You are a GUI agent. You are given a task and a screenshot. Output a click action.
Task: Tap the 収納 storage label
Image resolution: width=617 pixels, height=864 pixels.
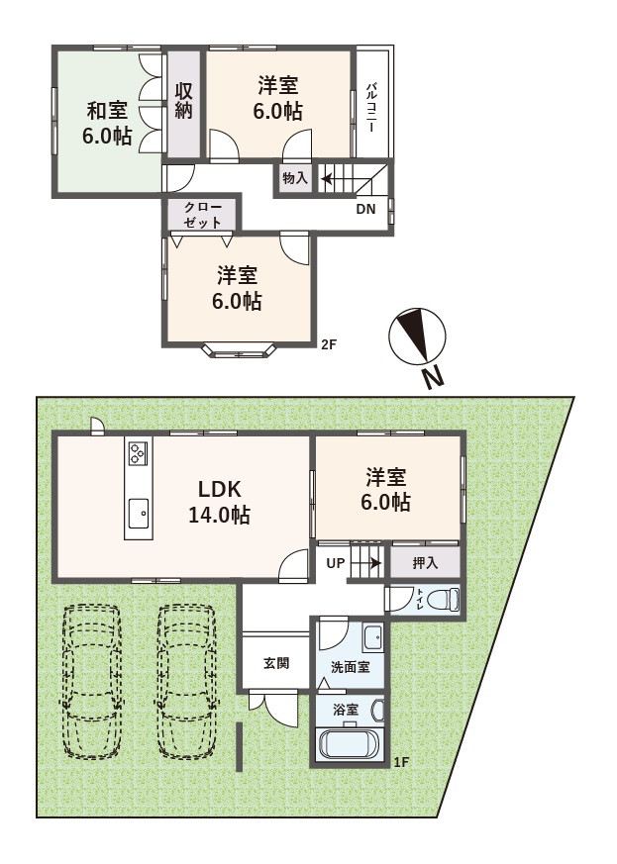pyautogui.click(x=184, y=101)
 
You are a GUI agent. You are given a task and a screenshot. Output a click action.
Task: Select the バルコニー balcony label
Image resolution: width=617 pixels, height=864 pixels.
pyautogui.click(x=372, y=106)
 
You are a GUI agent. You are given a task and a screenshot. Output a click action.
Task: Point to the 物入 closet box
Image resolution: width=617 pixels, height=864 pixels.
pyautogui.click(x=295, y=178)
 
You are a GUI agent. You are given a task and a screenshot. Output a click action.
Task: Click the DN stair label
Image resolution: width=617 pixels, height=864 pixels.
pyautogui.click(x=365, y=209)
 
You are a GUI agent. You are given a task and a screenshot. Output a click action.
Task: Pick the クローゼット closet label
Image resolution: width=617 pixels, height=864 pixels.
pyautogui.click(x=203, y=215)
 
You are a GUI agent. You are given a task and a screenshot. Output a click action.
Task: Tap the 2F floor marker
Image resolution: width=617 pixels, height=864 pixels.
pyautogui.click(x=329, y=345)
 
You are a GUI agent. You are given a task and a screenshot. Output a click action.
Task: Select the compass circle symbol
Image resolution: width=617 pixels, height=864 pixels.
pyautogui.click(x=417, y=336)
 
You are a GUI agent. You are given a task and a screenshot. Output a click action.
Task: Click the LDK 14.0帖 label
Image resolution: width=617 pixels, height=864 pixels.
pyautogui.click(x=220, y=502)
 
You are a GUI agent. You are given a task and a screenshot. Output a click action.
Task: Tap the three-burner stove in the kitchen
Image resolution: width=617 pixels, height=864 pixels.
pyautogui.click(x=138, y=454)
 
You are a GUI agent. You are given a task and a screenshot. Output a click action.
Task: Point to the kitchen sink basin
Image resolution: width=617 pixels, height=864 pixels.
pyautogui.click(x=139, y=513)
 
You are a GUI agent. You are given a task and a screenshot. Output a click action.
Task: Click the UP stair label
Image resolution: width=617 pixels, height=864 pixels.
pyautogui.click(x=336, y=563)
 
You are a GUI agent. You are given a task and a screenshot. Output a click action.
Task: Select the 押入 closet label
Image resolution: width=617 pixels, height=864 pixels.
pyautogui.click(x=425, y=562)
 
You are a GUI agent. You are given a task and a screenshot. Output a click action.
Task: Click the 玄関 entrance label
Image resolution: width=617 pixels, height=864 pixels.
pyautogui.click(x=275, y=663)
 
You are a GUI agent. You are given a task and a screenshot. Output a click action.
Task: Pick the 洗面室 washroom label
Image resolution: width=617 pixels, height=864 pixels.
pyautogui.click(x=351, y=667)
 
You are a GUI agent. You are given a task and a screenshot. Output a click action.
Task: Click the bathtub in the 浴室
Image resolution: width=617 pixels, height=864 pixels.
pyautogui.click(x=349, y=744)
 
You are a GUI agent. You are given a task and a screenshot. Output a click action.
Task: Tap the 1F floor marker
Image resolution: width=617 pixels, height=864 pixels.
pyautogui.click(x=402, y=763)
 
